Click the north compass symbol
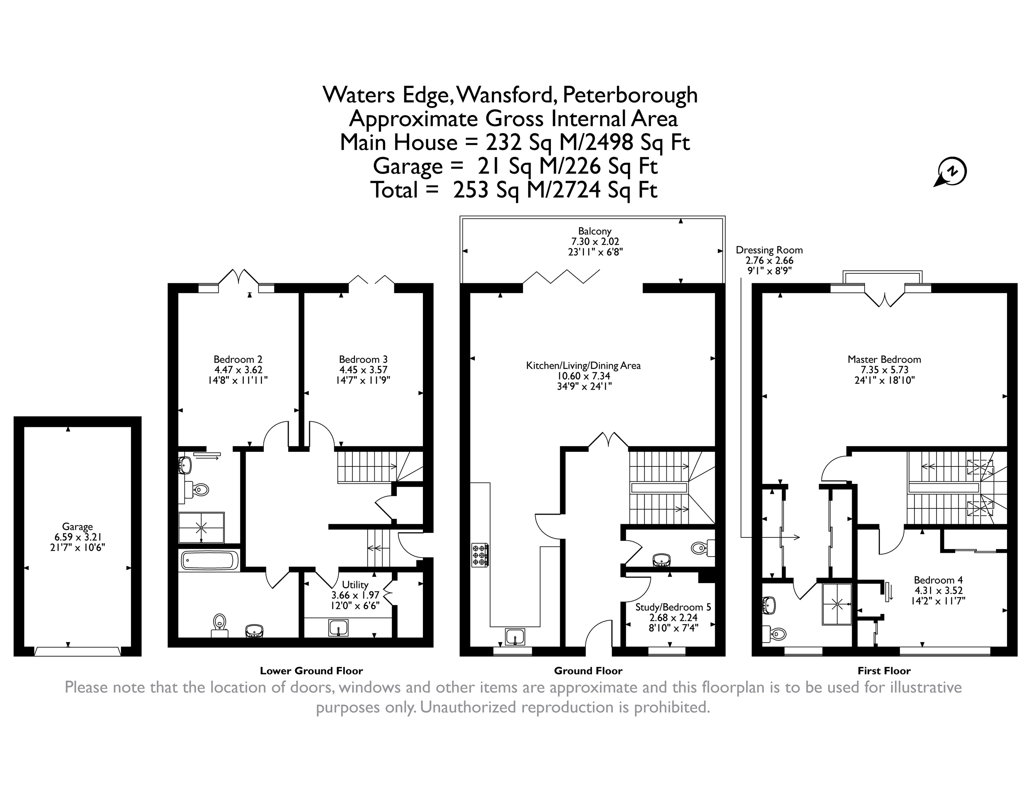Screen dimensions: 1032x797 pos(950,172)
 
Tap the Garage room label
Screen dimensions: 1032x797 pos(78,526)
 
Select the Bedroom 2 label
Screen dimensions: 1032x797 pos(238,360)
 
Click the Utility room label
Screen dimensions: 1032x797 pos(355,585)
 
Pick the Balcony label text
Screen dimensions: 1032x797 pos(595,231)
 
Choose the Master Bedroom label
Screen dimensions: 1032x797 pos(884,360)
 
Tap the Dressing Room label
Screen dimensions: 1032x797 pos(769,250)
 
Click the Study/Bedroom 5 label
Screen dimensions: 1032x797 pos(673,607)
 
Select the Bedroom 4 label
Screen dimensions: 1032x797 pos(938,580)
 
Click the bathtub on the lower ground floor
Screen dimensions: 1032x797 pos(209,560)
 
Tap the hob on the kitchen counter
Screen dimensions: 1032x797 pos(479,555)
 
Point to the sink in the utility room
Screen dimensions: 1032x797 pos(339,628)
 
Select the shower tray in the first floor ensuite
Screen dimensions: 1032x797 pos(837,604)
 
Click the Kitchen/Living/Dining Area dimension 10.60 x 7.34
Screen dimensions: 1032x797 pos(583,376)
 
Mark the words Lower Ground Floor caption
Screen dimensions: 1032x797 pos(312,671)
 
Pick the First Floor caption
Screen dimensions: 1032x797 pos(884,671)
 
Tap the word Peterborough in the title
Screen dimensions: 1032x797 pos(630,96)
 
